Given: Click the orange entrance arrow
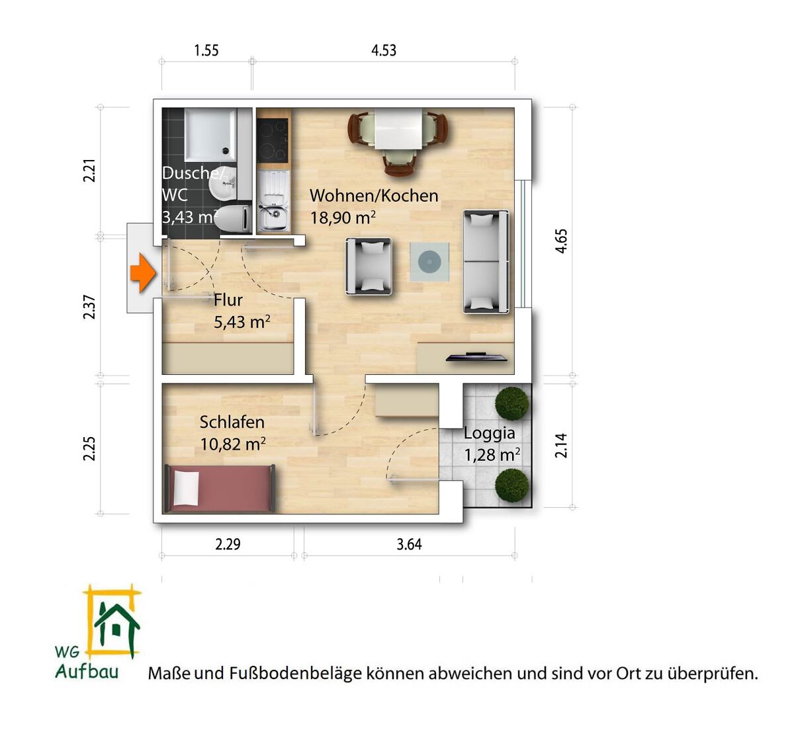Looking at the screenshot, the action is click(143, 273).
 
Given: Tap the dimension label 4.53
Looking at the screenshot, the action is click(384, 51).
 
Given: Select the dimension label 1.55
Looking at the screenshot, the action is click(206, 51).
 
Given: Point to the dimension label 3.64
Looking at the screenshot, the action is click(409, 544).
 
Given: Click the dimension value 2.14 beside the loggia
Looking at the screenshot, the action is click(561, 445).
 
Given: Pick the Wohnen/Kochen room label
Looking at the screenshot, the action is click(374, 196).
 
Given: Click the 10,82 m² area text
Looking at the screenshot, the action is click(233, 444).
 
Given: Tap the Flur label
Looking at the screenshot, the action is click(228, 300).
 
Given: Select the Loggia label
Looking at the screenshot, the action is click(490, 433).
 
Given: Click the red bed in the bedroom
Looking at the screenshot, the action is click(220, 488).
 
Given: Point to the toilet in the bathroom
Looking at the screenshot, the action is click(233, 218).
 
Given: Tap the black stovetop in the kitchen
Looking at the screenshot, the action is click(272, 141).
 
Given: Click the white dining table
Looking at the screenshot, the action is click(398, 129).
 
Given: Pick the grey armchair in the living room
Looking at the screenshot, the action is click(369, 266).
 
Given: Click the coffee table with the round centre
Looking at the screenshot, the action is click(429, 262).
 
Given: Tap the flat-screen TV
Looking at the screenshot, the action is click(476, 357).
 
